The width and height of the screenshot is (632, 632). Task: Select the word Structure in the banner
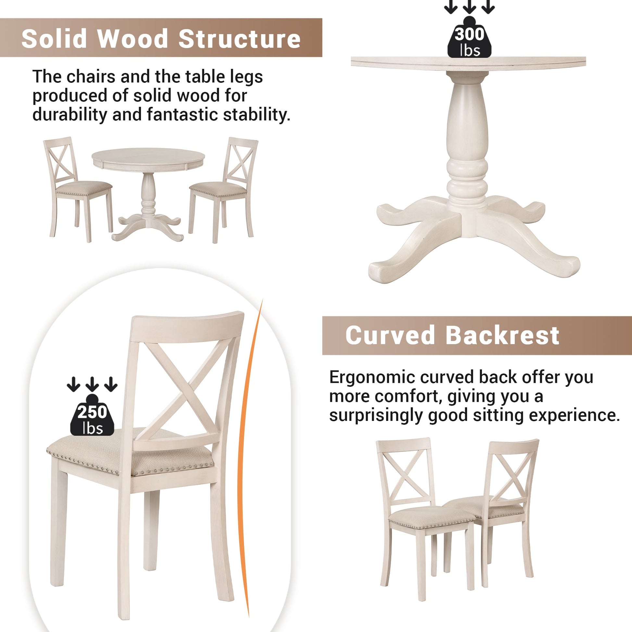[x=239, y=39]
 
